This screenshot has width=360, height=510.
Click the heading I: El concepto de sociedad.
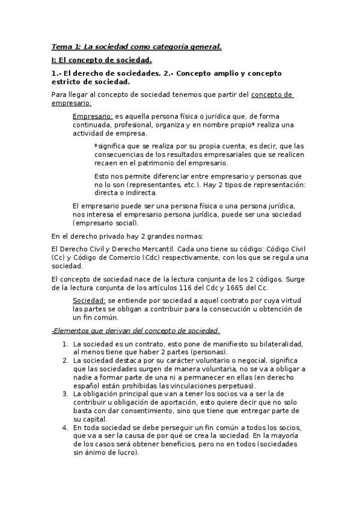[101, 60]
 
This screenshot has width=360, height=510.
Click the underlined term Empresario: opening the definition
[93, 116]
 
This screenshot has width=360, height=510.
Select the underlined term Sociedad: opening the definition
[89, 300]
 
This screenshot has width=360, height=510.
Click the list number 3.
[65, 394]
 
